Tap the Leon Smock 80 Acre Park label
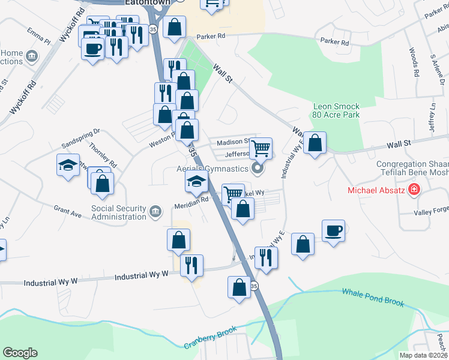pyautogui.click(x=336, y=110)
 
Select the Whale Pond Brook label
pyautogui.click(x=373, y=297)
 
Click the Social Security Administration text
pyautogui.click(x=118, y=212)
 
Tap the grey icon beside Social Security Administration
pyautogui.click(x=155, y=211)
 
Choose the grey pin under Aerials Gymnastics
pyautogui.click(x=258, y=169)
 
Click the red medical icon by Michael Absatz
pyautogui.click(x=413, y=191)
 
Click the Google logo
pyautogui.click(x=20, y=353)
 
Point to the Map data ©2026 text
pyautogui.click(x=423, y=355)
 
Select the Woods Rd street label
pyautogui.click(x=414, y=62)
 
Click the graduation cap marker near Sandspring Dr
pyautogui.click(x=68, y=164)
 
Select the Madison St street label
pyautogui.click(x=233, y=142)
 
